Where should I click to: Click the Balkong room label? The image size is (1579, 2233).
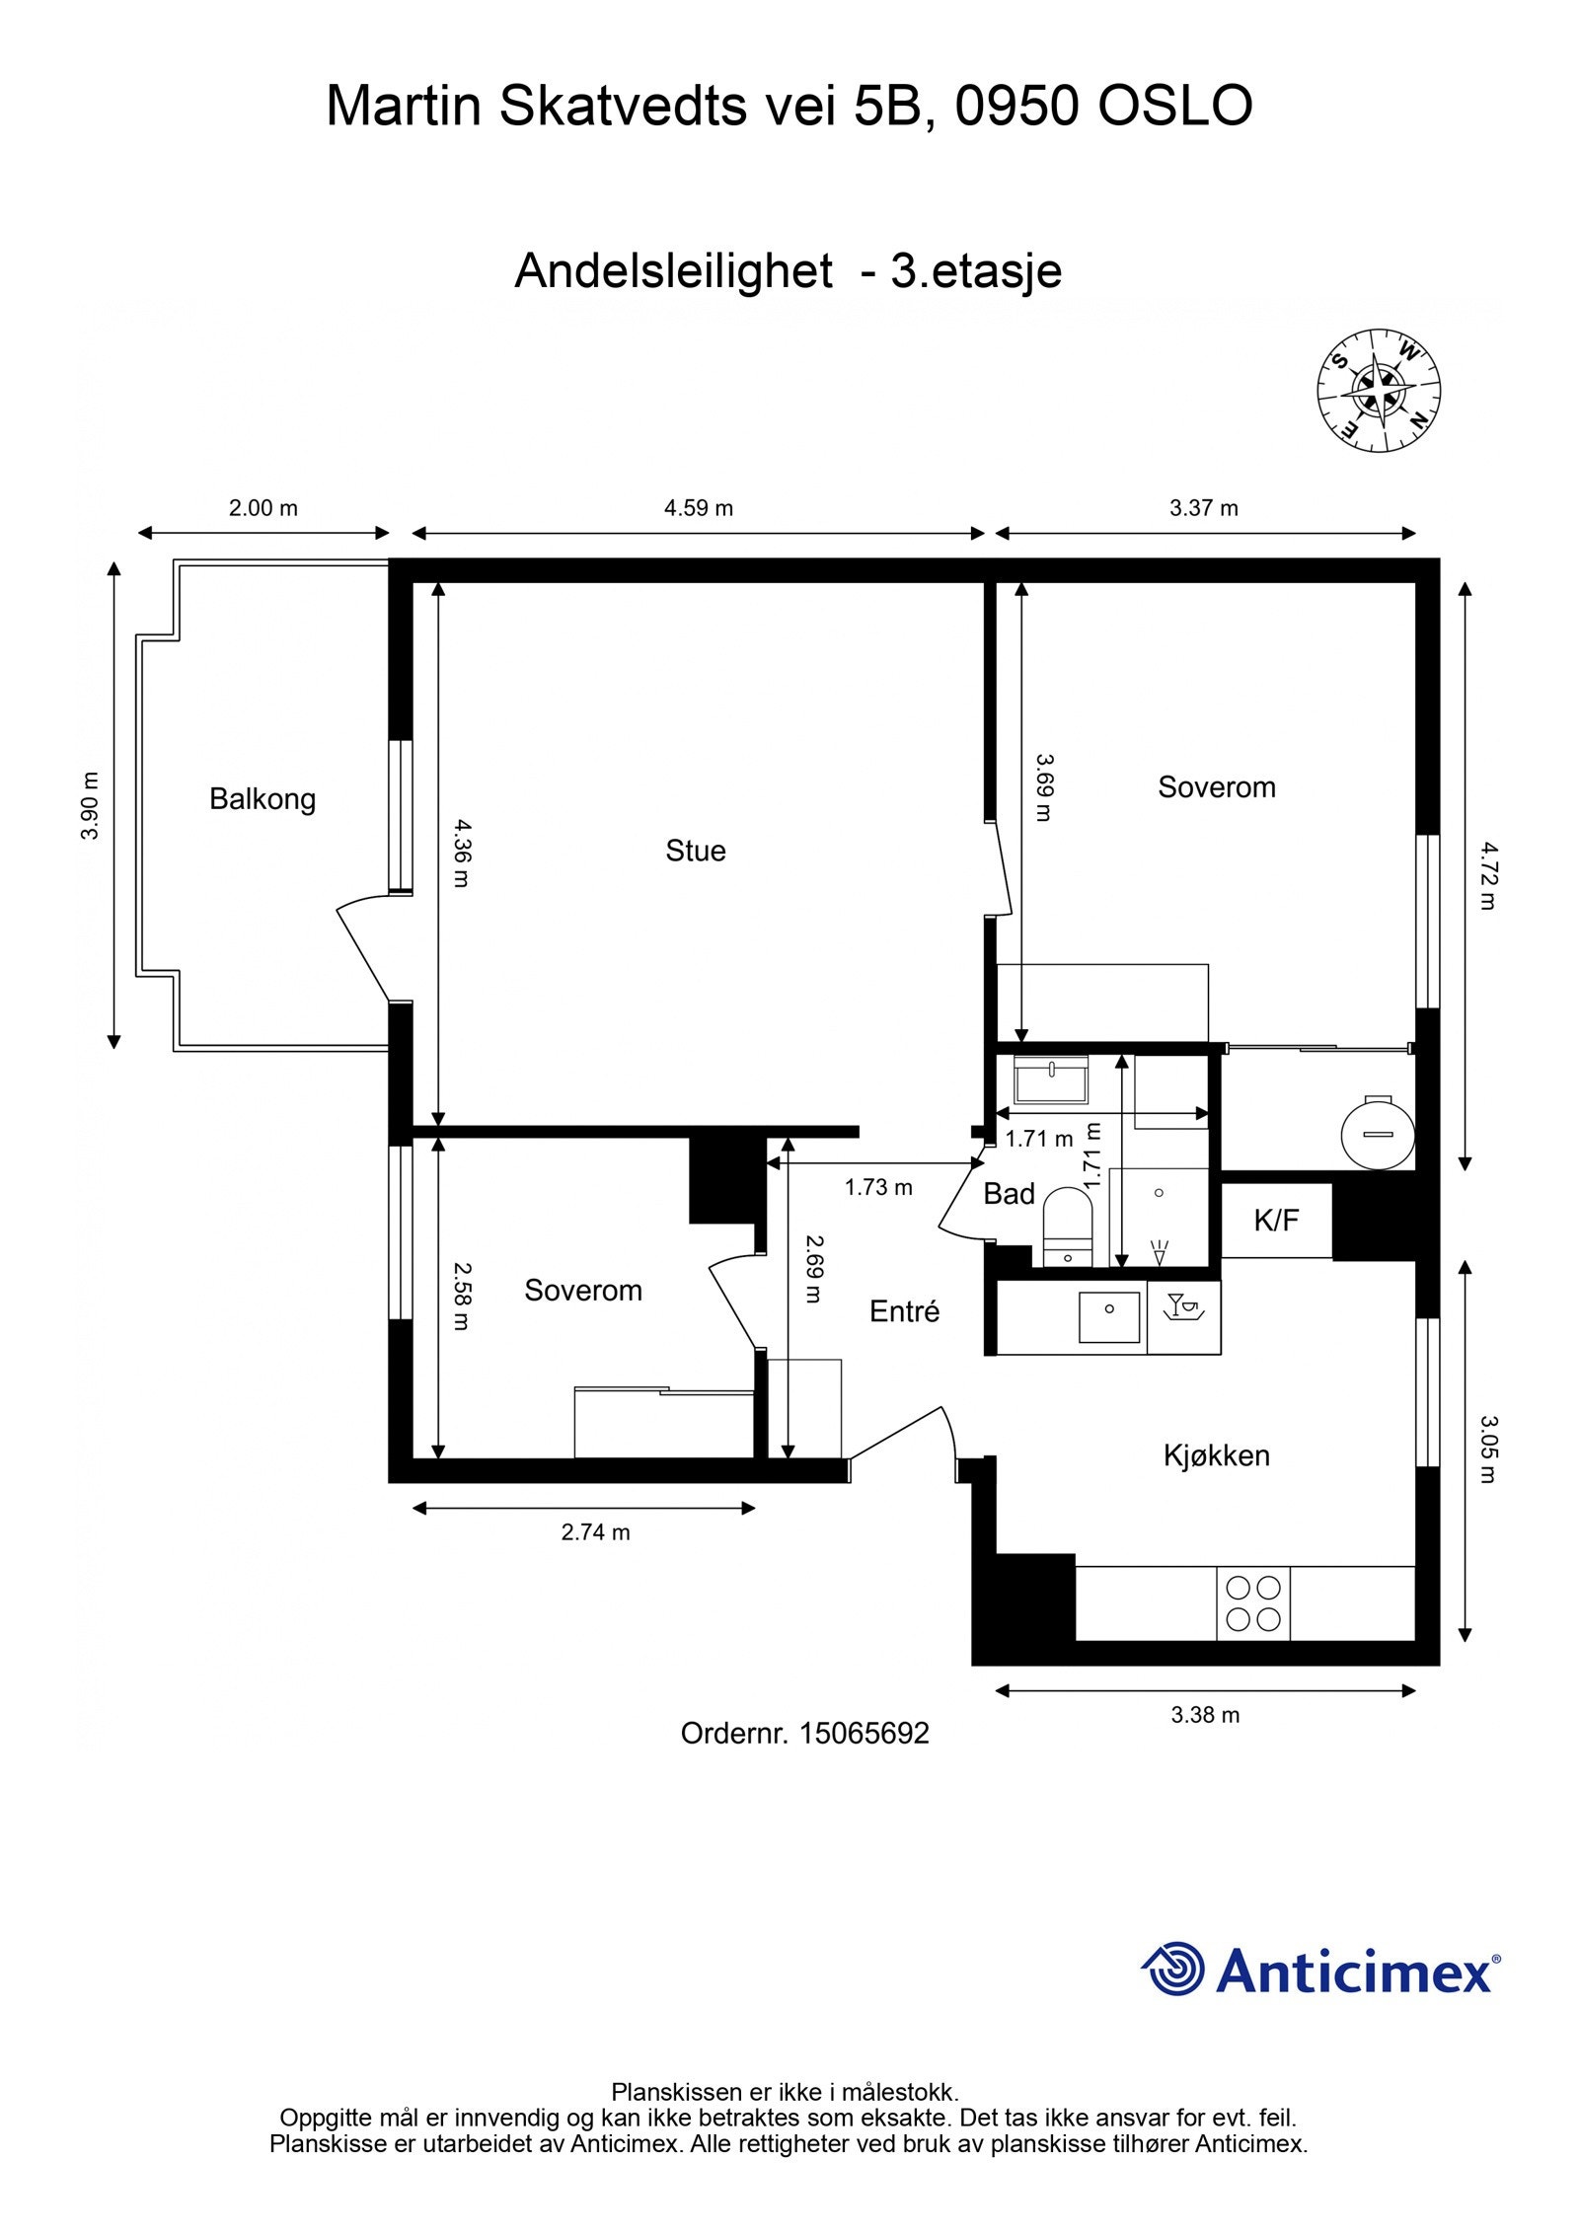click(x=262, y=798)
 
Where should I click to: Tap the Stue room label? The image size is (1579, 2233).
click(x=695, y=851)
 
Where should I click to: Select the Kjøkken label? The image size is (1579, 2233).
click(x=1216, y=1455)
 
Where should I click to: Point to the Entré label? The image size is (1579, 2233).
click(x=904, y=1311)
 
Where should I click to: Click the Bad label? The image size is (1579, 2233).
click(x=1009, y=1194)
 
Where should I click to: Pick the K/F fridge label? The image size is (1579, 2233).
click(x=1276, y=1221)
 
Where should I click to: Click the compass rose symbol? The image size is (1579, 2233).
click(x=1379, y=391)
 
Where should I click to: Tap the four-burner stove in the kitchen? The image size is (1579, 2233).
click(x=1252, y=1602)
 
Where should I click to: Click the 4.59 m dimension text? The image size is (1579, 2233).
click(x=698, y=508)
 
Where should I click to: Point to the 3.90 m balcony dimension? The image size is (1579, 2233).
click(x=90, y=804)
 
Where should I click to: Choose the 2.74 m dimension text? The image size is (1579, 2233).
click(x=595, y=1532)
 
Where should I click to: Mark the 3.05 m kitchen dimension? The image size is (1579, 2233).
click(x=1487, y=1450)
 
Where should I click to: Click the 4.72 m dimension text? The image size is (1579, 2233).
click(x=1487, y=874)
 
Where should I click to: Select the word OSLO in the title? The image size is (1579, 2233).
click(x=1174, y=106)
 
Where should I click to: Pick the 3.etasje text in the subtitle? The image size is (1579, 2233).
click(x=975, y=270)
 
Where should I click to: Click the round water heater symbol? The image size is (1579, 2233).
click(x=1378, y=1132)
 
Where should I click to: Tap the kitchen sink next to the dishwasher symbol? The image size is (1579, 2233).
click(x=1109, y=1317)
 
